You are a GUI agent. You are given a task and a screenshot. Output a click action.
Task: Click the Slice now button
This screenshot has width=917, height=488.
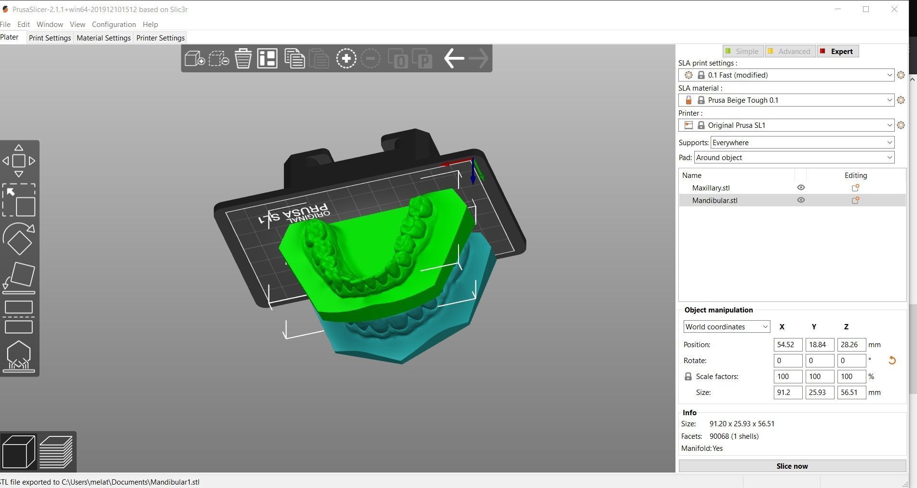coord(792,466)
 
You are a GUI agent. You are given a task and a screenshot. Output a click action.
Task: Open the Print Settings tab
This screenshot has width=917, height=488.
coord(50,38)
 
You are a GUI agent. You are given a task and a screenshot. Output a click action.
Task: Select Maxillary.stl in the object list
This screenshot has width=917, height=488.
coord(711,188)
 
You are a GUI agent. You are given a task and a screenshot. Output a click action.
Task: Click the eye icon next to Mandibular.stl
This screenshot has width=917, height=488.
coord(801,200)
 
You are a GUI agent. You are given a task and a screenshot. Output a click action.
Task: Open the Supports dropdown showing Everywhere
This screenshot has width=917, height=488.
coord(802,142)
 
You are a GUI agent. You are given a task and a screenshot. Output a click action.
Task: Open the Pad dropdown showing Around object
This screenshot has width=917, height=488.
coord(794,158)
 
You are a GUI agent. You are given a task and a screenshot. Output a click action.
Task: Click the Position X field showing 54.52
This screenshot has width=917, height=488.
coord(787,345)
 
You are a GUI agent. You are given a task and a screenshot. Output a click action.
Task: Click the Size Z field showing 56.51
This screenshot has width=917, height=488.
coord(851,393)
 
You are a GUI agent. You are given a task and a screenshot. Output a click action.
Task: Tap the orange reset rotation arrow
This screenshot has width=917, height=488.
coord(891,360)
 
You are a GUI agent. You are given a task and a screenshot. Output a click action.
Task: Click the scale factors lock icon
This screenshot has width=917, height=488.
coord(688,377)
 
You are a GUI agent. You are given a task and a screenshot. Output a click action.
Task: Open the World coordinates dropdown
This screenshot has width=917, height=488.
coord(726,327)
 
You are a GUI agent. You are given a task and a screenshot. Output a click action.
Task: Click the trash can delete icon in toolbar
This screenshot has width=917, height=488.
coord(243,58)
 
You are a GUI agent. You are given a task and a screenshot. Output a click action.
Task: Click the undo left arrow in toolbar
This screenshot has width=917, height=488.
coord(454,58)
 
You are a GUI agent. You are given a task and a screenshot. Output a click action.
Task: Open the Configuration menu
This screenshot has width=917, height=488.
coord(114,24)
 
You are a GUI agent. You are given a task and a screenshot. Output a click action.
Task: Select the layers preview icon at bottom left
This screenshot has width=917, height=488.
coord(56,452)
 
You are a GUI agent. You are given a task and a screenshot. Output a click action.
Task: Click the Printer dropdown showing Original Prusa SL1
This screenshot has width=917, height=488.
coord(786,125)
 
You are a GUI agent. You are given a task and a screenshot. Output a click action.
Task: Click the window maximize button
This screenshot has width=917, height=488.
coord(866,9)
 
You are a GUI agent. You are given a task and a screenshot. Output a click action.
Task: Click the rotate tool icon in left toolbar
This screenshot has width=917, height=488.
coord(19,239)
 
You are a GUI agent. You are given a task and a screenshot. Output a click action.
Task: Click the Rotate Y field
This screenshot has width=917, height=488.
coord(819,361)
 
